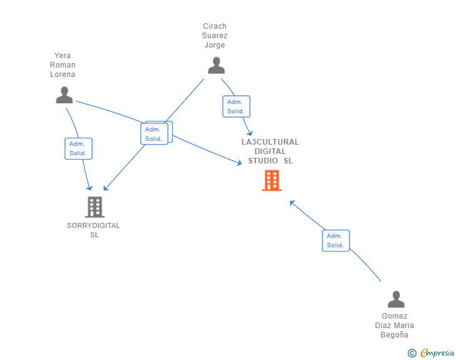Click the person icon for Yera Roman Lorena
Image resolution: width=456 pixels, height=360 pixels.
[65, 95]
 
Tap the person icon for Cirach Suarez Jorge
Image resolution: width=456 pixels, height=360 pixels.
[216, 65]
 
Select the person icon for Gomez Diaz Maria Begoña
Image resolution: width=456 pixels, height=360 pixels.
[396, 299]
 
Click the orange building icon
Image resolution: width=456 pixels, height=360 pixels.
[272, 180]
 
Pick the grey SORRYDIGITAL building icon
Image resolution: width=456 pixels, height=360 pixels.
[95, 207]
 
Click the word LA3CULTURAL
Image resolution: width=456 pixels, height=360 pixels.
[270, 142]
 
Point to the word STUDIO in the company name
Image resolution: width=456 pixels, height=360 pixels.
[263, 161]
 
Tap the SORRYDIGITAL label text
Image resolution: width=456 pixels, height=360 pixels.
[93, 225]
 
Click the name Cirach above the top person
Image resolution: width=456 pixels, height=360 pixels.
[215, 26]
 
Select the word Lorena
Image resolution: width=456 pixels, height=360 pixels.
[63, 75]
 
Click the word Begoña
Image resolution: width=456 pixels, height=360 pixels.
[395, 335]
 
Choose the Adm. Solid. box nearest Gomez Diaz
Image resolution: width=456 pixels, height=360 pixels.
[336, 240]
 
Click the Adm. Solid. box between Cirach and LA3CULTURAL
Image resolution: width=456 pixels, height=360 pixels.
[236, 106]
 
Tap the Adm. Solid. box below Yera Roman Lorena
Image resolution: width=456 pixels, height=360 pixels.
[78, 148]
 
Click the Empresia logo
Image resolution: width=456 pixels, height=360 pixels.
[437, 353]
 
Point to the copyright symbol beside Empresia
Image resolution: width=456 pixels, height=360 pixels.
[412, 353]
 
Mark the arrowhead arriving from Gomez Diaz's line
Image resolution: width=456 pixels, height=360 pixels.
[292, 203]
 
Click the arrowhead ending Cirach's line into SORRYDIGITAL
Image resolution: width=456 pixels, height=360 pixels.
[106, 188]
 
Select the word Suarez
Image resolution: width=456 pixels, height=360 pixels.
[215, 36]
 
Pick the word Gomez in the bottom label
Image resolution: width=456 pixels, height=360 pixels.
[395, 316]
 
